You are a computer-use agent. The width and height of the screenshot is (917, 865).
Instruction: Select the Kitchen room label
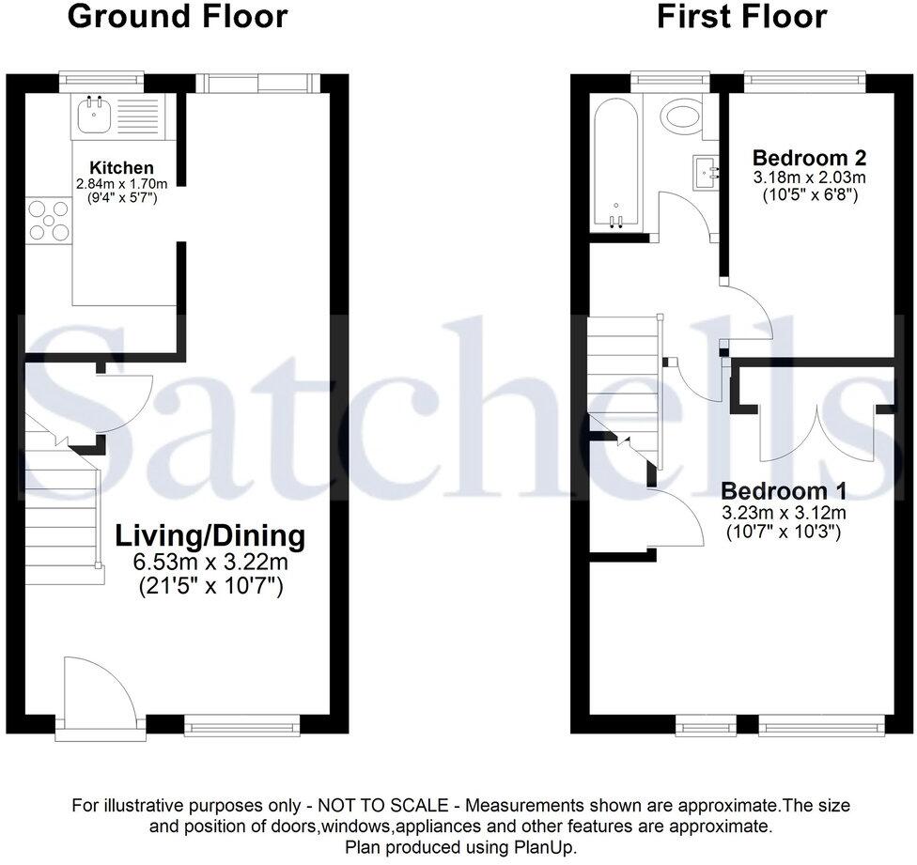tap(121, 168)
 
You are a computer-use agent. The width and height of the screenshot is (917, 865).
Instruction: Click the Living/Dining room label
tap(210, 536)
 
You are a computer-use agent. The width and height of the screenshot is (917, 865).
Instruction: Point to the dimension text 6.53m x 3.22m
tap(210, 564)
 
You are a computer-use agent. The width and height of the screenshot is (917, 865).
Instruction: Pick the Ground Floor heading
tap(178, 16)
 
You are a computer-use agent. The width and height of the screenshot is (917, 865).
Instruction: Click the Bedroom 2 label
tap(809, 157)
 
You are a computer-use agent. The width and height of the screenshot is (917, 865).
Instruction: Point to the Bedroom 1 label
tap(784, 490)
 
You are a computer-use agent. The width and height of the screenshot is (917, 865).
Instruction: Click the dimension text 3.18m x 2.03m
tap(809, 177)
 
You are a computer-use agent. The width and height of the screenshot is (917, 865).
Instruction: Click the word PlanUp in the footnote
tap(545, 846)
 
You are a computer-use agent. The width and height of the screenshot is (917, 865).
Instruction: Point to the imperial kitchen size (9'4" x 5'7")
tap(121, 199)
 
